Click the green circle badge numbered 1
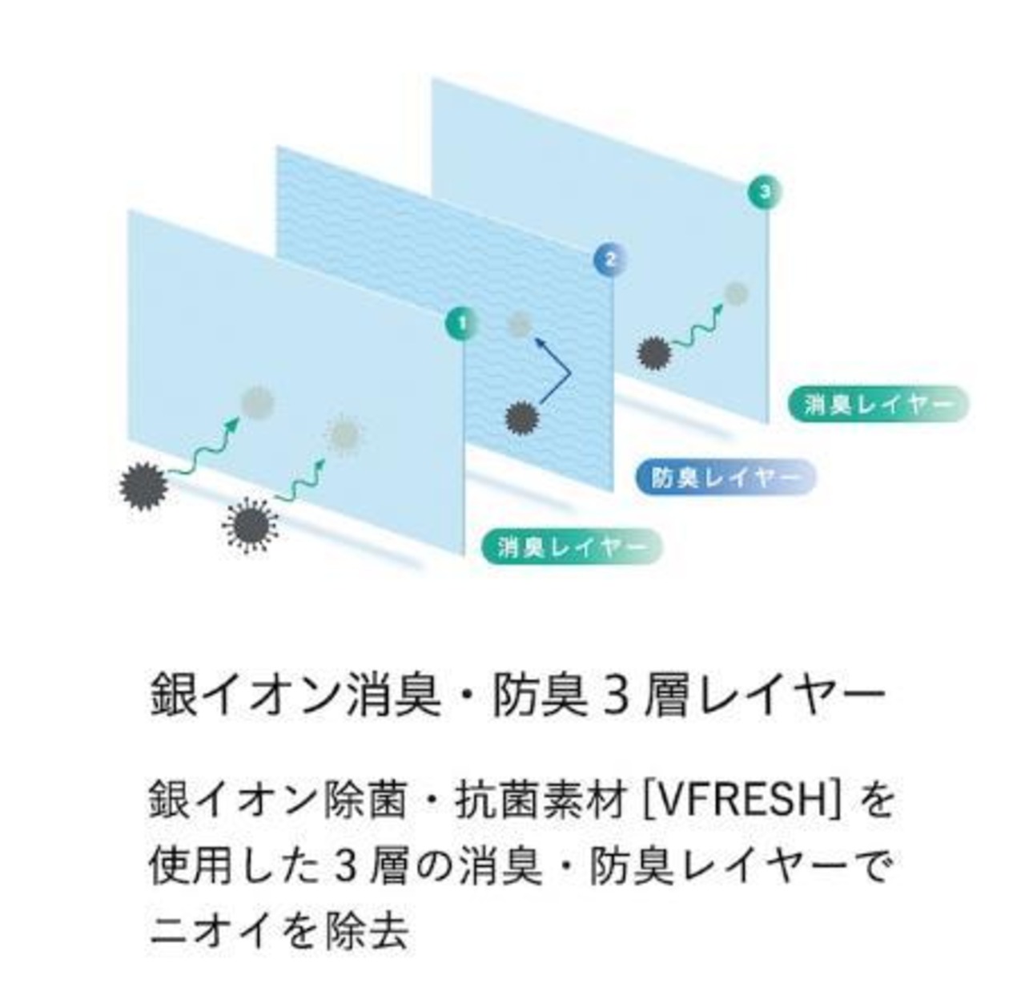pyautogui.click(x=461, y=324)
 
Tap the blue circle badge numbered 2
pyautogui.click(x=609, y=259)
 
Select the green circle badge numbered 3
pyautogui.click(x=766, y=192)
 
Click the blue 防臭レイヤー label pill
pyautogui.click(x=725, y=478)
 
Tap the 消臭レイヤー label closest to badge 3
pyautogui.click(x=878, y=404)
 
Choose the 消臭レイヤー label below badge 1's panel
pyautogui.click(x=572, y=547)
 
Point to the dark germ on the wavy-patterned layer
pyautogui.click(x=523, y=417)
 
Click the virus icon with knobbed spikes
pyautogui.click(x=251, y=525)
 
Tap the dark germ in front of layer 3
pyautogui.click(x=654, y=353)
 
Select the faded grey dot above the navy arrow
pyautogui.click(x=520, y=325)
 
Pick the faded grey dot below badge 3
pyautogui.click(x=736, y=293)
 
